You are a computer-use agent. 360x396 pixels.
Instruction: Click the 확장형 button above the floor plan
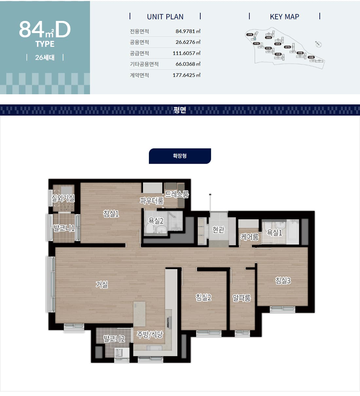coord(180,156)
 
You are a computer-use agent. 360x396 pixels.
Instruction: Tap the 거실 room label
coord(102,284)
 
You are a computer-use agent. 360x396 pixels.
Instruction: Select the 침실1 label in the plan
coord(111,214)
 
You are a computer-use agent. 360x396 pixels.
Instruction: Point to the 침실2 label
coord(203,297)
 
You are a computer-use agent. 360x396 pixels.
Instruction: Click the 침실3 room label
coord(283,280)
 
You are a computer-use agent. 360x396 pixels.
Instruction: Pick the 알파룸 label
coord(242,298)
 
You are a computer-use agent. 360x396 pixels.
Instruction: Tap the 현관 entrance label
coord(218,230)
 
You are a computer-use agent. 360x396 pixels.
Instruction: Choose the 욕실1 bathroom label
coord(274,232)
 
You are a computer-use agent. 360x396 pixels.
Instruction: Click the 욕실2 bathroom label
coord(156,221)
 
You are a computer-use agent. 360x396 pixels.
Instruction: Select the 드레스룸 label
coord(177,194)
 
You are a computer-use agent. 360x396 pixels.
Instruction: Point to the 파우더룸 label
coord(152,201)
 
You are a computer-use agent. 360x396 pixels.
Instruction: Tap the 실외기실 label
coord(63,198)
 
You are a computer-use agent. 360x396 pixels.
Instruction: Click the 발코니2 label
coord(114,339)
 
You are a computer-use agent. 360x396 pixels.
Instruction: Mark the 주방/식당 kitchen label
coord(150,334)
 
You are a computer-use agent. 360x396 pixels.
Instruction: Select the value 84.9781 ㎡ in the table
coord(188,31)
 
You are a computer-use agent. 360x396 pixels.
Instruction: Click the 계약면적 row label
coord(139,75)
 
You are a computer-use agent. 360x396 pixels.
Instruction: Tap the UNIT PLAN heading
coord(165,17)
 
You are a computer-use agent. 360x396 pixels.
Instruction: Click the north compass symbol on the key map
coord(318,45)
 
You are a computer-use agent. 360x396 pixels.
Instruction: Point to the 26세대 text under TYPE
coord(45,58)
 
